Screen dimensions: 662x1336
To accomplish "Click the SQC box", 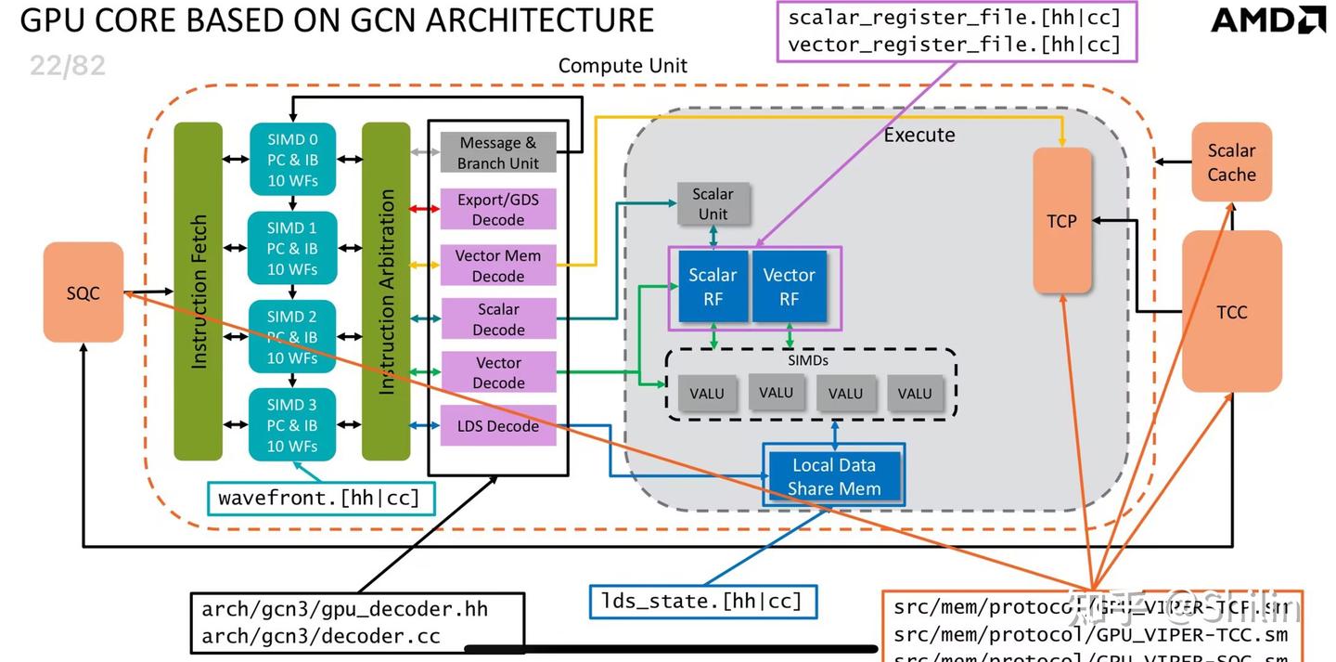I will [x=83, y=292].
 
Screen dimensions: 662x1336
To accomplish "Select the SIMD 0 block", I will [x=292, y=160].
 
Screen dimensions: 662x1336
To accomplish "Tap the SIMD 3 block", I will [x=292, y=425].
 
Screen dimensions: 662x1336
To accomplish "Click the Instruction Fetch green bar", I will [x=199, y=292].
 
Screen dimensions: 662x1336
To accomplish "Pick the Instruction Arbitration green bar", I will [x=386, y=292].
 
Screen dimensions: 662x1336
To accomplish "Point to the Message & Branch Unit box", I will [x=498, y=153].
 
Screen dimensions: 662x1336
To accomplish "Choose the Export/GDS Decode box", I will [x=498, y=210].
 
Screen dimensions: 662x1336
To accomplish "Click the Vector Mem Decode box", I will [x=498, y=266].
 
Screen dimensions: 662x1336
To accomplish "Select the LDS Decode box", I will [x=498, y=426].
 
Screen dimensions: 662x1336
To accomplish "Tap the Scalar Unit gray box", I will [x=713, y=203].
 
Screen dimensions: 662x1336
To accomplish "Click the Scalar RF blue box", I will [x=713, y=287].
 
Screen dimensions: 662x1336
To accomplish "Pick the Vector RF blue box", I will [x=789, y=287].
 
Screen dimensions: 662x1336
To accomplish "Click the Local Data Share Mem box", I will [x=833, y=476].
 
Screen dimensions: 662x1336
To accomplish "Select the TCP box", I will [x=1062, y=221].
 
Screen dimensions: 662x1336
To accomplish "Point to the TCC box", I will [x=1231, y=312].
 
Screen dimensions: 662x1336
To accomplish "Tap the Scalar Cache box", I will [x=1231, y=162].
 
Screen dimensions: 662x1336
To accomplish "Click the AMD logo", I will [x=1268, y=20].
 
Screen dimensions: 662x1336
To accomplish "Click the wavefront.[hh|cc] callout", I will [x=319, y=499].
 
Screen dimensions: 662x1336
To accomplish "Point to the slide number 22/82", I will [x=68, y=65].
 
